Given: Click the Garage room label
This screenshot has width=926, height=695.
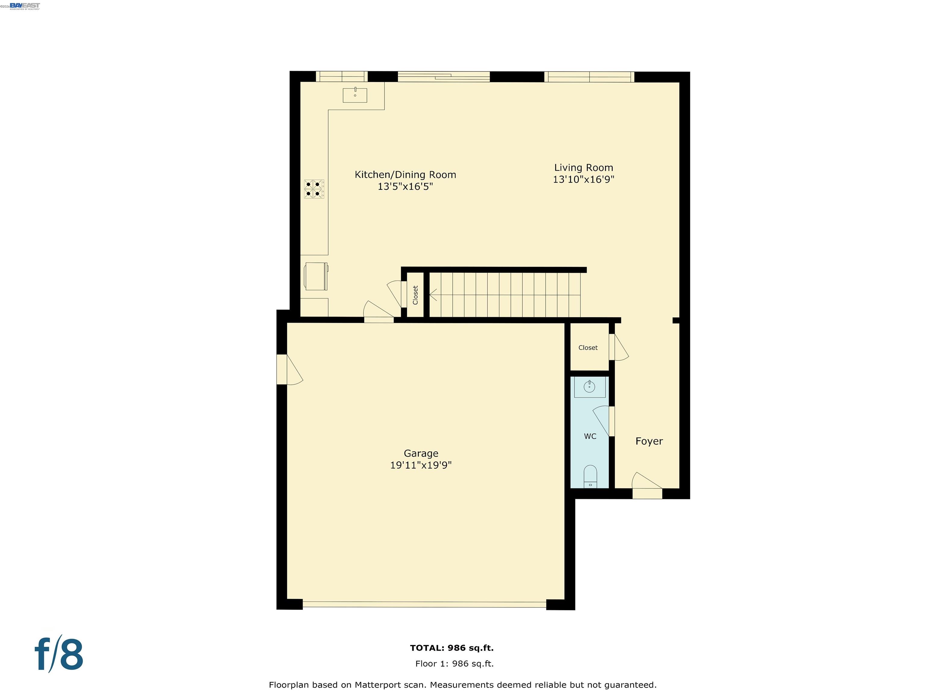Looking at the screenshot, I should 421,453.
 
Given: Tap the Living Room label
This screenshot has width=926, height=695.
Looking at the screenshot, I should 584,168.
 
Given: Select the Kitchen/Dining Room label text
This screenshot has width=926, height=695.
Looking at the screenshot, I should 405,175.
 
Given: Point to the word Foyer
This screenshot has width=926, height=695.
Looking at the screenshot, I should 649,441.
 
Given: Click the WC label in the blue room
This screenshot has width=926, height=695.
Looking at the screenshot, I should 590,436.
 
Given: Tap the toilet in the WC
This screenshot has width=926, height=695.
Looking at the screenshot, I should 590,476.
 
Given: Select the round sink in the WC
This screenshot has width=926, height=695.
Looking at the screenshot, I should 589,386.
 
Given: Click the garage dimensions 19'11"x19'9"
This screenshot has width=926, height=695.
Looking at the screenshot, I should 421,465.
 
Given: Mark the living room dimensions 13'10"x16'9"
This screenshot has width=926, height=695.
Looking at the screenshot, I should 584,179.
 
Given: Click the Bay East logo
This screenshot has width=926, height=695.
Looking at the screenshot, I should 25,6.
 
